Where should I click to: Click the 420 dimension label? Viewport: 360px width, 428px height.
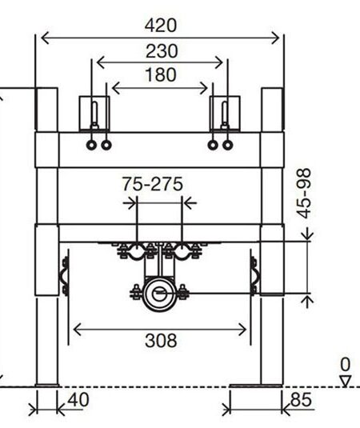(x=161, y=26)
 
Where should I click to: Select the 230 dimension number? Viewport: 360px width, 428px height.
(x=162, y=51)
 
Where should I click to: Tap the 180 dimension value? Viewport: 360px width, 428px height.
(x=161, y=74)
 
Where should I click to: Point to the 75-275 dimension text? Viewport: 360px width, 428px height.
(x=152, y=184)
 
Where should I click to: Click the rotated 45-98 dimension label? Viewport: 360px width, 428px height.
(x=304, y=194)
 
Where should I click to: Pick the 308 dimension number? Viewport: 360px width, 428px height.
(x=161, y=341)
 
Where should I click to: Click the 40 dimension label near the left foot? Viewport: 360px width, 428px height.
(x=78, y=400)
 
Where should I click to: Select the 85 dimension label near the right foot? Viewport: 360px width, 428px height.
(x=301, y=400)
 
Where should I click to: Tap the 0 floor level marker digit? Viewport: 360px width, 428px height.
(x=346, y=365)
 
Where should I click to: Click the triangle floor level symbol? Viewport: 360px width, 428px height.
(x=346, y=381)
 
